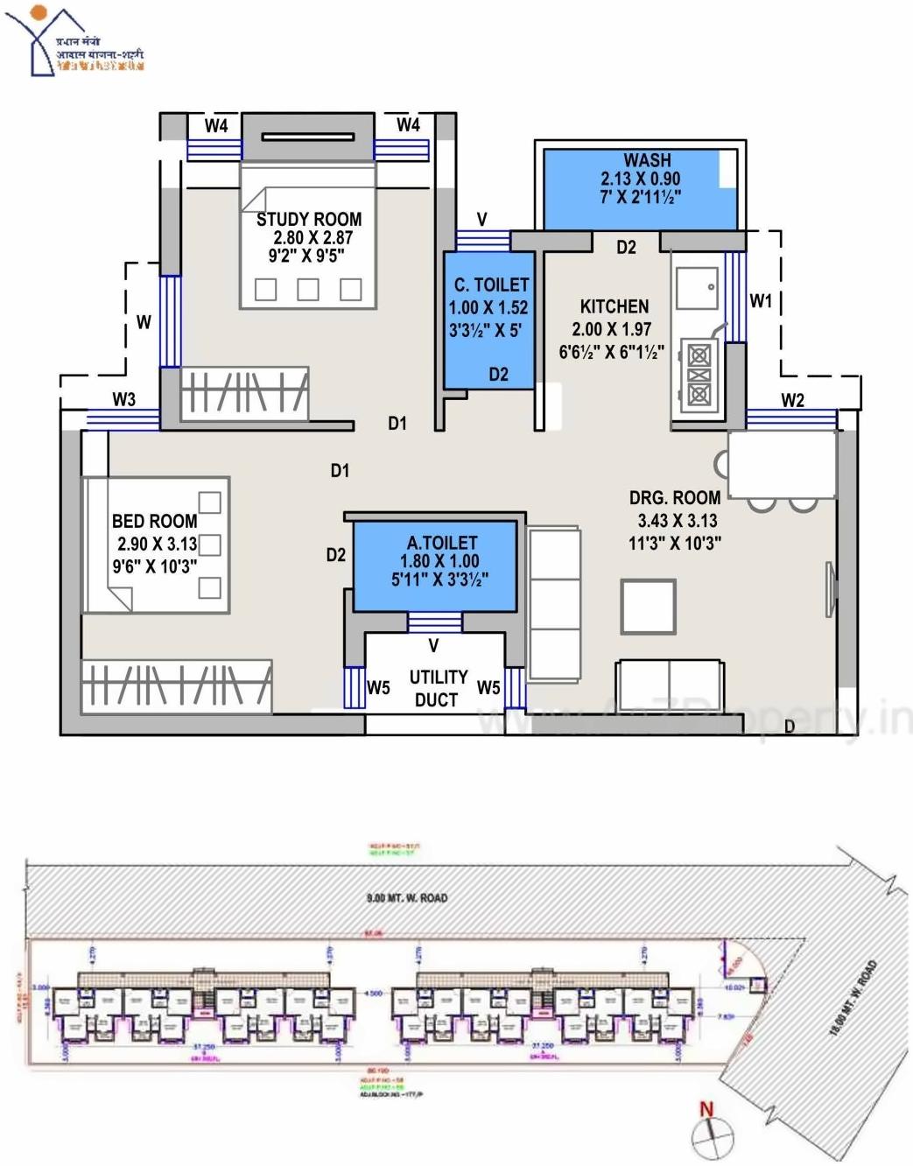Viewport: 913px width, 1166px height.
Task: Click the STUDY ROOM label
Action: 308,219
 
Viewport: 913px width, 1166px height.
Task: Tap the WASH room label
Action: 647,160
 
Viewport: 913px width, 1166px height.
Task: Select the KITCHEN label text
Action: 615,306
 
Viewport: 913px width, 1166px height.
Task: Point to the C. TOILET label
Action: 491,284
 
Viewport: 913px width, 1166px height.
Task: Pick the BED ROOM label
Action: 154,521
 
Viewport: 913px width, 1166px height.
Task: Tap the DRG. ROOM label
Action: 674,497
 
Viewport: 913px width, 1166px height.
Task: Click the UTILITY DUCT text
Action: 437,688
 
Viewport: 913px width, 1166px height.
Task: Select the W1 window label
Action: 761,301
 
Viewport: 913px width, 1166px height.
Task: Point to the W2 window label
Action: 792,400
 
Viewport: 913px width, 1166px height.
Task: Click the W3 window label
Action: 124,399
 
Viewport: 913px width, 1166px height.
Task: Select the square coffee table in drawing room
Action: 648,606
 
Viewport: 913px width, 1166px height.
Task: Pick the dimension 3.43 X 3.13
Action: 677,520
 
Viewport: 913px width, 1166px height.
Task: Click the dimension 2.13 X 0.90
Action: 640,179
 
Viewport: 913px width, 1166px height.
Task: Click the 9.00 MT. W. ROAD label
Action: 406,897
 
